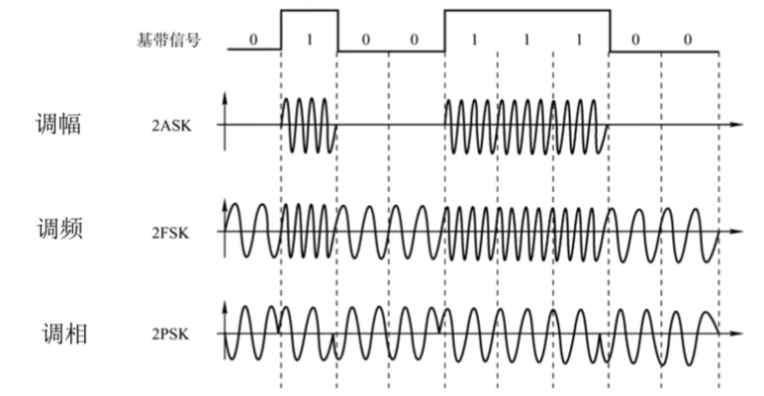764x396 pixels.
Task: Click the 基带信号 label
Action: coord(167,41)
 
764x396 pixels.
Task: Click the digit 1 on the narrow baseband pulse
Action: coord(309,41)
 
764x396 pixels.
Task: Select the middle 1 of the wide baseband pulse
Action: coord(525,41)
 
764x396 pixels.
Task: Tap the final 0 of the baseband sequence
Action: coord(688,41)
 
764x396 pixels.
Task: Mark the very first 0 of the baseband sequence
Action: coord(253,41)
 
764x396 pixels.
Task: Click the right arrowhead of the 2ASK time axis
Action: coord(736,126)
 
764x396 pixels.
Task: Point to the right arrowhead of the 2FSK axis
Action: coord(736,234)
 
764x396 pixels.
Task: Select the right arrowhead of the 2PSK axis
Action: coord(736,334)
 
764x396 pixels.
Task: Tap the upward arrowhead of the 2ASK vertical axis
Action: coord(227,98)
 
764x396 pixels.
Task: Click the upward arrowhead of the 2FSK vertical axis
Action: coord(227,206)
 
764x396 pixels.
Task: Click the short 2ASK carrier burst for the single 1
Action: coord(309,126)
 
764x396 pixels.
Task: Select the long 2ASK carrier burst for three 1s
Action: coord(525,126)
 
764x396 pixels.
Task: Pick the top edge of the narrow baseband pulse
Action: coord(309,10)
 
